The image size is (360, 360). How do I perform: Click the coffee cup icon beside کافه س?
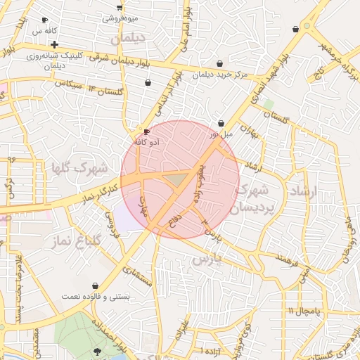click(46, 20)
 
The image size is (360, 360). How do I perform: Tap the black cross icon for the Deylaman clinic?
click(54, 44)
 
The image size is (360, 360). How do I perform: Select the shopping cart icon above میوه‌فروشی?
click(120, 6)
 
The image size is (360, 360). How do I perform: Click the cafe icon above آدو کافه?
click(146, 131)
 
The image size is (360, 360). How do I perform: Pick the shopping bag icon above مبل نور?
click(221, 122)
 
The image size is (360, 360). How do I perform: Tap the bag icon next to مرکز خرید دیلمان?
click(221, 63)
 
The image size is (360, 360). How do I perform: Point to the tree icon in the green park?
click(97, 350)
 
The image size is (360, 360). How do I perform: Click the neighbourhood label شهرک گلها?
click(79, 168)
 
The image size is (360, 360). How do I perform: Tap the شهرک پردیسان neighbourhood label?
click(254, 198)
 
